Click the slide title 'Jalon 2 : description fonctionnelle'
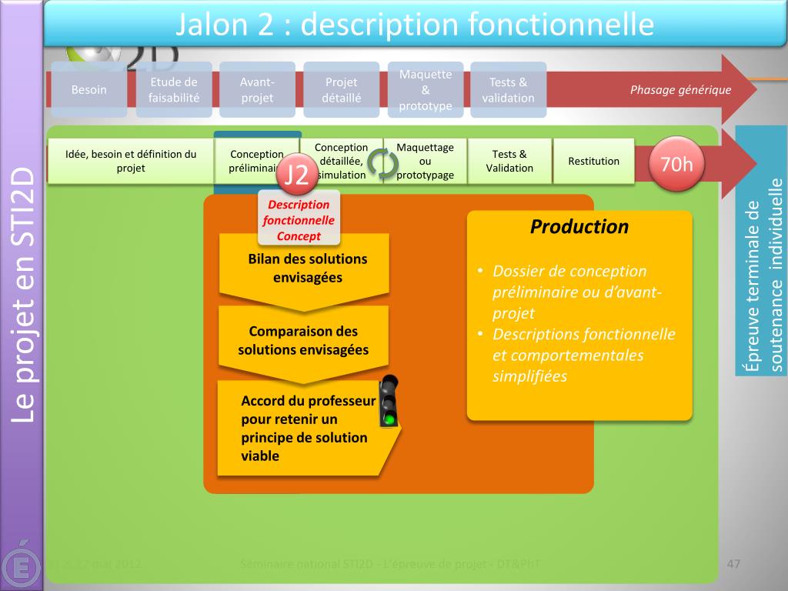[x=415, y=25]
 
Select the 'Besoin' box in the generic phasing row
[x=89, y=90]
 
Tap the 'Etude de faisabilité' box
[x=174, y=90]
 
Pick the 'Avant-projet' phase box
[x=257, y=90]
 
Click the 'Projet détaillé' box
[x=342, y=90]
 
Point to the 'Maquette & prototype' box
[x=426, y=90]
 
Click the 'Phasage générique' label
[x=680, y=90]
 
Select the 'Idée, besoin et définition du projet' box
[x=131, y=161]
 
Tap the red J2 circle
[x=295, y=175]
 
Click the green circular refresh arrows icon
[x=382, y=163]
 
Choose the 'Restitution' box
[x=593, y=161]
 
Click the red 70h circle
[x=677, y=164]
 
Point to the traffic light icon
[x=390, y=401]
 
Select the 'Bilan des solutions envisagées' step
[x=307, y=269]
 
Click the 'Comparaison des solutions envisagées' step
[x=303, y=341]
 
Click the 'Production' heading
[x=579, y=227]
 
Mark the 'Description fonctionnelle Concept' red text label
[x=299, y=220]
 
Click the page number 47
[x=733, y=565]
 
